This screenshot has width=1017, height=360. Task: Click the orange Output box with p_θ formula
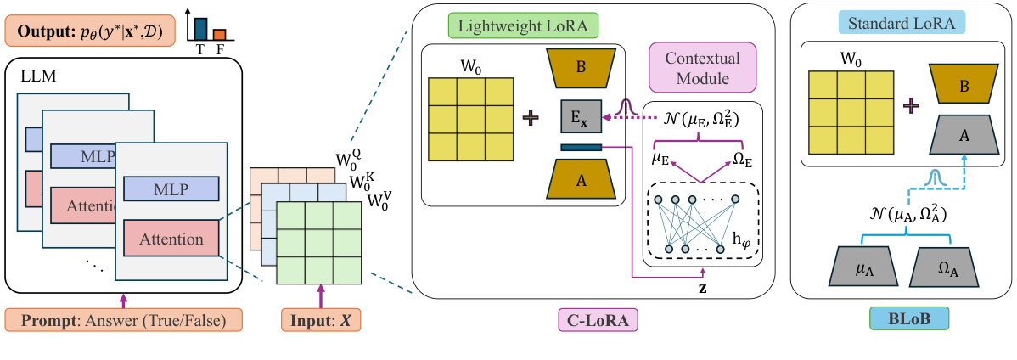(88, 32)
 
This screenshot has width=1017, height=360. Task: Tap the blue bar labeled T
(200, 28)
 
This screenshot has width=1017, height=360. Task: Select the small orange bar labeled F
(219, 35)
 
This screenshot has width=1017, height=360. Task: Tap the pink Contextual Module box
(702, 68)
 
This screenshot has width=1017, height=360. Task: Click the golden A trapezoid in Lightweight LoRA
(581, 181)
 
